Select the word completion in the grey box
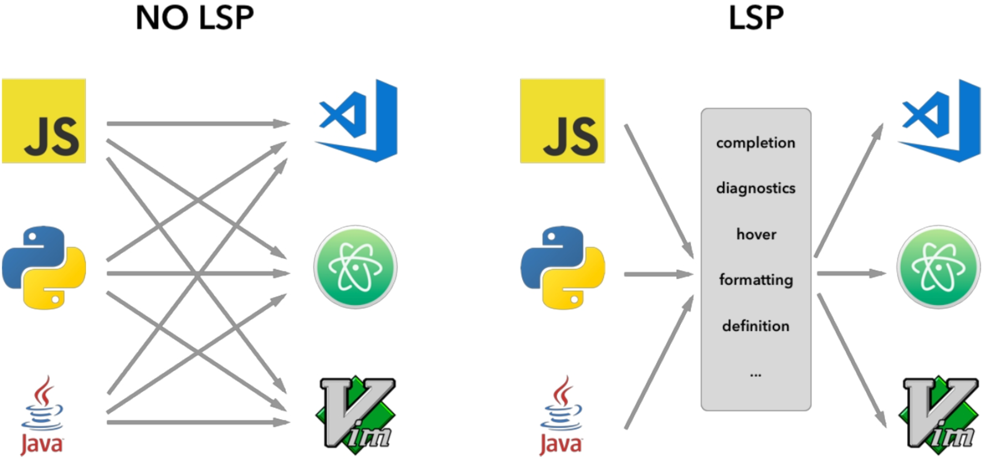756,143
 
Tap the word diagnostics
756,188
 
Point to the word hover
756,234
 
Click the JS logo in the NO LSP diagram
44,121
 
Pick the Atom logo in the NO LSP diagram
355,267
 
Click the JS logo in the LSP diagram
562,121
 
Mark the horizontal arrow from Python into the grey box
658,274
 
